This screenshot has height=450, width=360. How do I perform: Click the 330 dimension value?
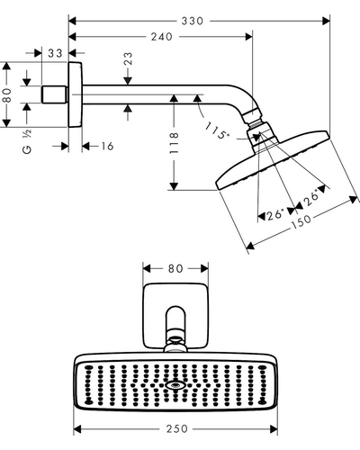point(193,21)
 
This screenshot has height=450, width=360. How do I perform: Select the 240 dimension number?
point(162,37)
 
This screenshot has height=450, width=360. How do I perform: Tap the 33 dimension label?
point(56,53)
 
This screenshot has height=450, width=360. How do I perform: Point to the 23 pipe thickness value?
point(128,58)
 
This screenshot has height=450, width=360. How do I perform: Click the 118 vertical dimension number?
point(174,143)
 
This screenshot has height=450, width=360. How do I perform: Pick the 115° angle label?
point(218,130)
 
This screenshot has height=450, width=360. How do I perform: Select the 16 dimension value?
point(107,147)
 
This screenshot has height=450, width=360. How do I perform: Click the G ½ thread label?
point(27,142)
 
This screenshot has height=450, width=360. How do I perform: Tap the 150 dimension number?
point(301,221)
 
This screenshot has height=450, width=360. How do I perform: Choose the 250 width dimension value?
point(177,428)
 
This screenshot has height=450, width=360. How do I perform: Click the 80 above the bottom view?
point(175,268)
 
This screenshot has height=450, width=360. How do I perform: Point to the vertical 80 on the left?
point(7,95)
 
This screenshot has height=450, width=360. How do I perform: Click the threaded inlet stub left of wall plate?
point(54,94)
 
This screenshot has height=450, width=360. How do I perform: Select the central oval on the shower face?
point(175,385)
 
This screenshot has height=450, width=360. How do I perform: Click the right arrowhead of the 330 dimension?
point(326,21)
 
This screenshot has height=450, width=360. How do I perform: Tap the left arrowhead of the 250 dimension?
point(77,429)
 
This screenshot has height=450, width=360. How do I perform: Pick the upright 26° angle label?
point(275,215)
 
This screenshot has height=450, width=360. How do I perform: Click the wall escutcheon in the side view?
point(76,94)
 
